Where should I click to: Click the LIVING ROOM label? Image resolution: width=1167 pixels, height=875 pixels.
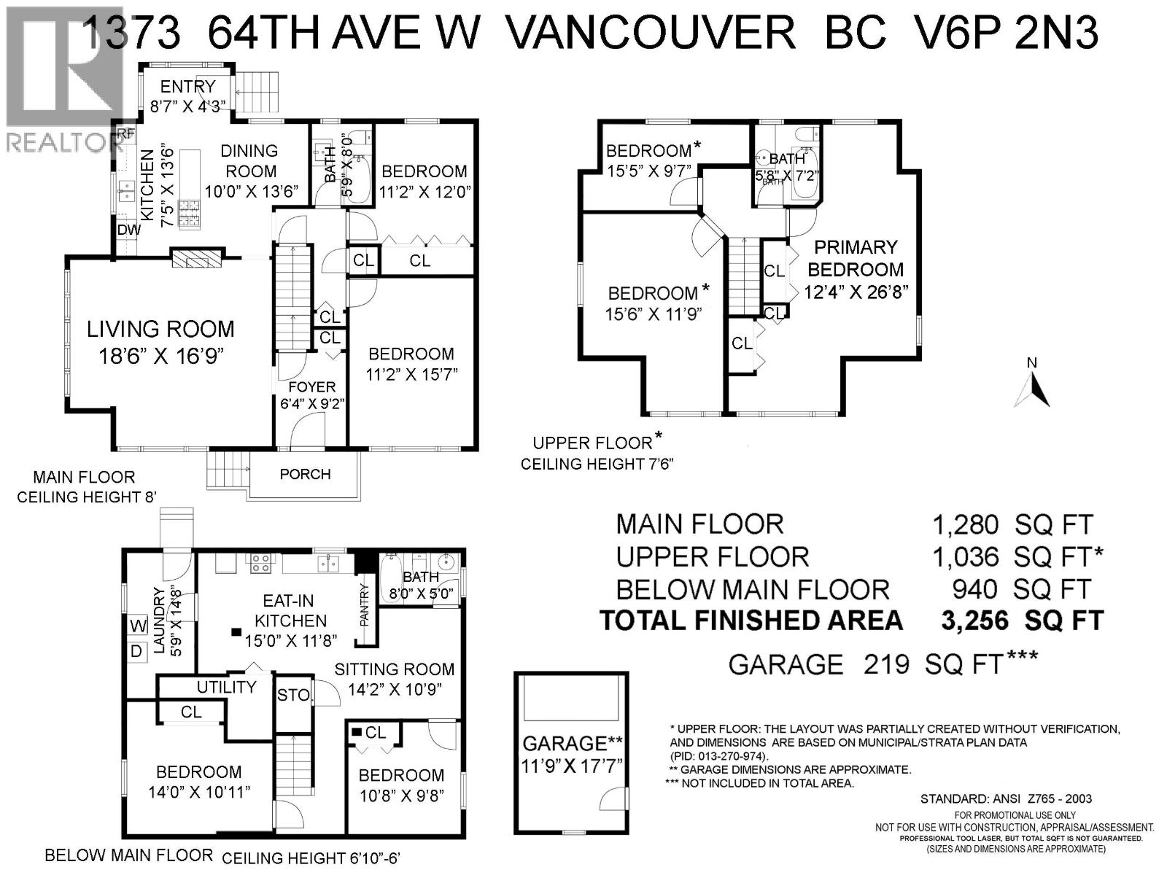[160, 329]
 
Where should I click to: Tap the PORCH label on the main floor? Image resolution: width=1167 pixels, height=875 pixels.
[305, 474]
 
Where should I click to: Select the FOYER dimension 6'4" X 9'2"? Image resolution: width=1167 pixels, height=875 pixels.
[312, 403]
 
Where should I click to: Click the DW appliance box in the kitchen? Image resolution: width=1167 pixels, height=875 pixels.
[128, 230]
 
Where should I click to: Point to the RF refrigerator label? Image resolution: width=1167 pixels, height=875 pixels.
[127, 133]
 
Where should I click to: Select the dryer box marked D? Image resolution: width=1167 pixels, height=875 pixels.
[136, 652]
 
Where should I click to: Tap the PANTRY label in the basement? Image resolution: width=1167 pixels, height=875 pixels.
[365, 604]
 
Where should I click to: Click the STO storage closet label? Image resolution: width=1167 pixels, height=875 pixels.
[293, 696]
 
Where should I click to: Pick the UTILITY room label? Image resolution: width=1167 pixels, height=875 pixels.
[226, 687]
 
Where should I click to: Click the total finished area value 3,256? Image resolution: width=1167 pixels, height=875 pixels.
[974, 621]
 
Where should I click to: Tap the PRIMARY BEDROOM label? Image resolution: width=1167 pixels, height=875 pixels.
[856, 258]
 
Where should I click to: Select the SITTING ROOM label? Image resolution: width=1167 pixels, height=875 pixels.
[394, 669]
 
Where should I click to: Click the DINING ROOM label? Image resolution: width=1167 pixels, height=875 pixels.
[250, 160]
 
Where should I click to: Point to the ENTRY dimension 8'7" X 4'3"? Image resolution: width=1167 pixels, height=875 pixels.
[188, 106]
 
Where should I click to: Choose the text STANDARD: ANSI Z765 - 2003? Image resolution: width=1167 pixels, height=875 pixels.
[1006, 798]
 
